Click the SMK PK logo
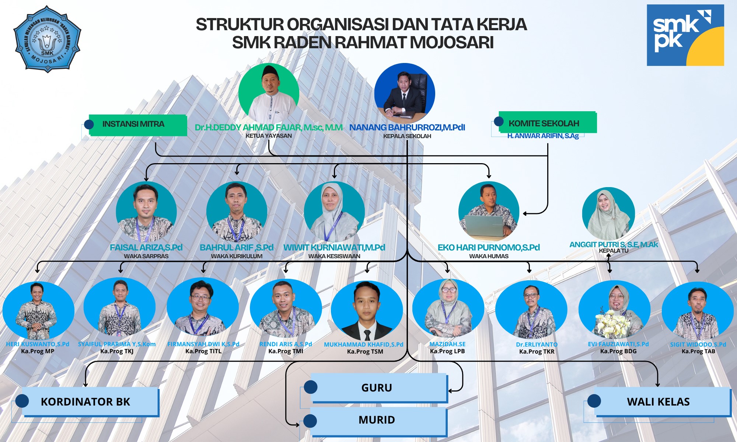(685, 35)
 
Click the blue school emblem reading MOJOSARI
(47, 39)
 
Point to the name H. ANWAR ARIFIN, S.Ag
(543, 136)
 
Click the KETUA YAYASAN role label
(269, 136)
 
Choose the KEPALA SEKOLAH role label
(407, 136)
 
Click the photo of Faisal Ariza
(146, 211)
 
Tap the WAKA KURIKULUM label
(237, 256)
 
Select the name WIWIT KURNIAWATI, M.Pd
(334, 248)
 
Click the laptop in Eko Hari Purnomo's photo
(484, 226)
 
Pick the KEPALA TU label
(613, 251)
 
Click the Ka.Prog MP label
(38, 351)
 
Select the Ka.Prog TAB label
(698, 351)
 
